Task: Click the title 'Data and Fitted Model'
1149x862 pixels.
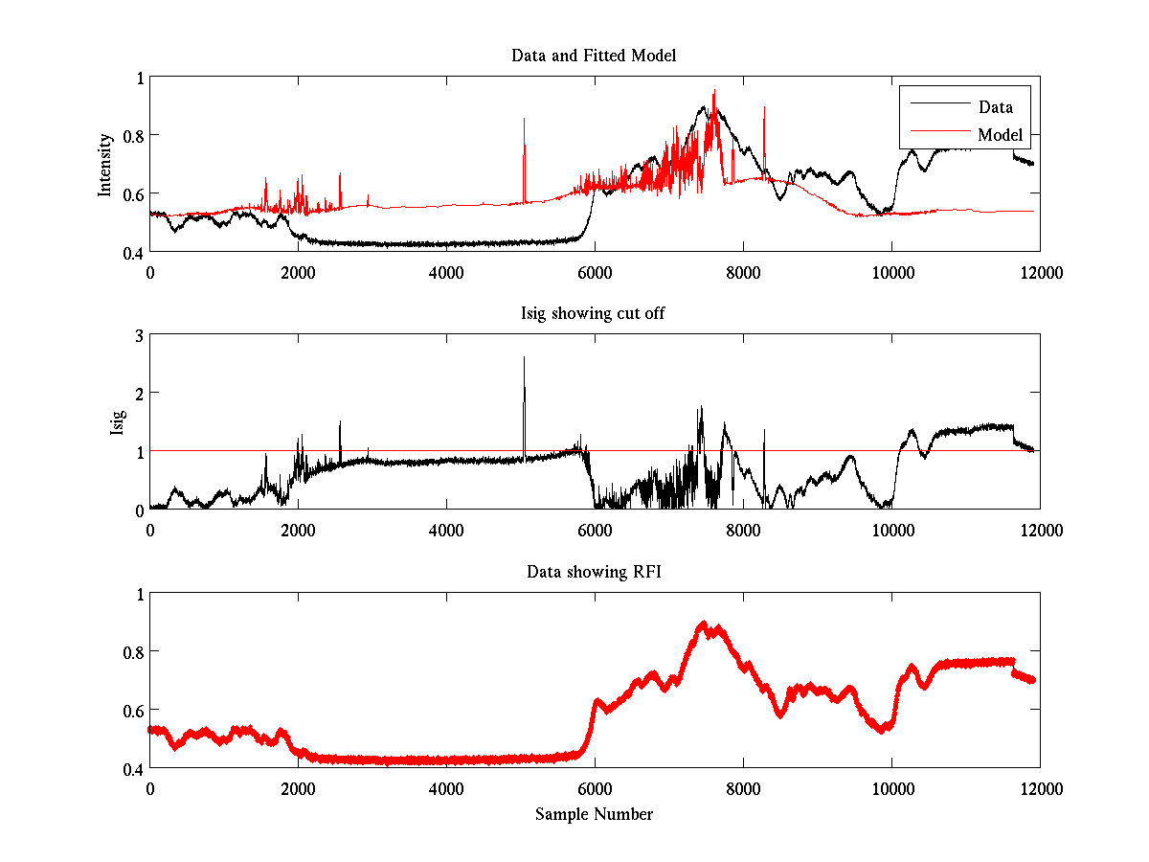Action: click(x=594, y=56)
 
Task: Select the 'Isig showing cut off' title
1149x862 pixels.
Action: click(x=594, y=313)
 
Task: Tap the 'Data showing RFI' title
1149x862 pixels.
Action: click(x=594, y=572)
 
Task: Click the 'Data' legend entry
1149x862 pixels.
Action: click(x=995, y=107)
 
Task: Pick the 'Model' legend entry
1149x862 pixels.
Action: click(x=1000, y=135)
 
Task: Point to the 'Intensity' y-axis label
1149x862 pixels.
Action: click(x=106, y=164)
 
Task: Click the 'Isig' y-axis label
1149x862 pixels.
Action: click(x=118, y=421)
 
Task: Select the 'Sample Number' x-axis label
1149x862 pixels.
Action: click(x=594, y=814)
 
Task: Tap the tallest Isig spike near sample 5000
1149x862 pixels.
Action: click(x=524, y=359)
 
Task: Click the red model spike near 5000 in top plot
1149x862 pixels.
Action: click(x=524, y=120)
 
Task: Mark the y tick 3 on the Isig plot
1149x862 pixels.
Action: click(x=139, y=334)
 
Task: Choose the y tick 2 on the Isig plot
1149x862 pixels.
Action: click(x=139, y=393)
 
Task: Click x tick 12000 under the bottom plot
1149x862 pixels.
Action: click(x=1040, y=786)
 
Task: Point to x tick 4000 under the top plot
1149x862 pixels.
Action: click(x=446, y=271)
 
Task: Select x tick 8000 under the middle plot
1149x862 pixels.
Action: click(x=743, y=529)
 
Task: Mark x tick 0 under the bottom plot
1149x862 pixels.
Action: click(x=150, y=786)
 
